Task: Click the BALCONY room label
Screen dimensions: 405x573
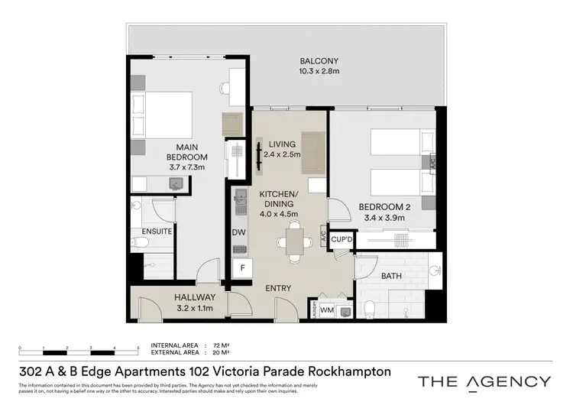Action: point(319,60)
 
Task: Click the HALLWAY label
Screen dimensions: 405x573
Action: point(194,297)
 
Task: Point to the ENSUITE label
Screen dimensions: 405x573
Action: point(157,231)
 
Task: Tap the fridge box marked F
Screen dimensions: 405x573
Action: point(242,268)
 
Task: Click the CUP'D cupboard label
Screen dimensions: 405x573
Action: point(342,239)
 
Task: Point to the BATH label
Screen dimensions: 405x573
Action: point(392,276)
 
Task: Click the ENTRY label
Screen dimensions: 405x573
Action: point(278,287)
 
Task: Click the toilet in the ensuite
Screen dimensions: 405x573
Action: point(140,243)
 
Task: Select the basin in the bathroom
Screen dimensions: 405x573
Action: point(434,270)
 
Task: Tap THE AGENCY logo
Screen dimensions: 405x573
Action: point(484,381)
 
